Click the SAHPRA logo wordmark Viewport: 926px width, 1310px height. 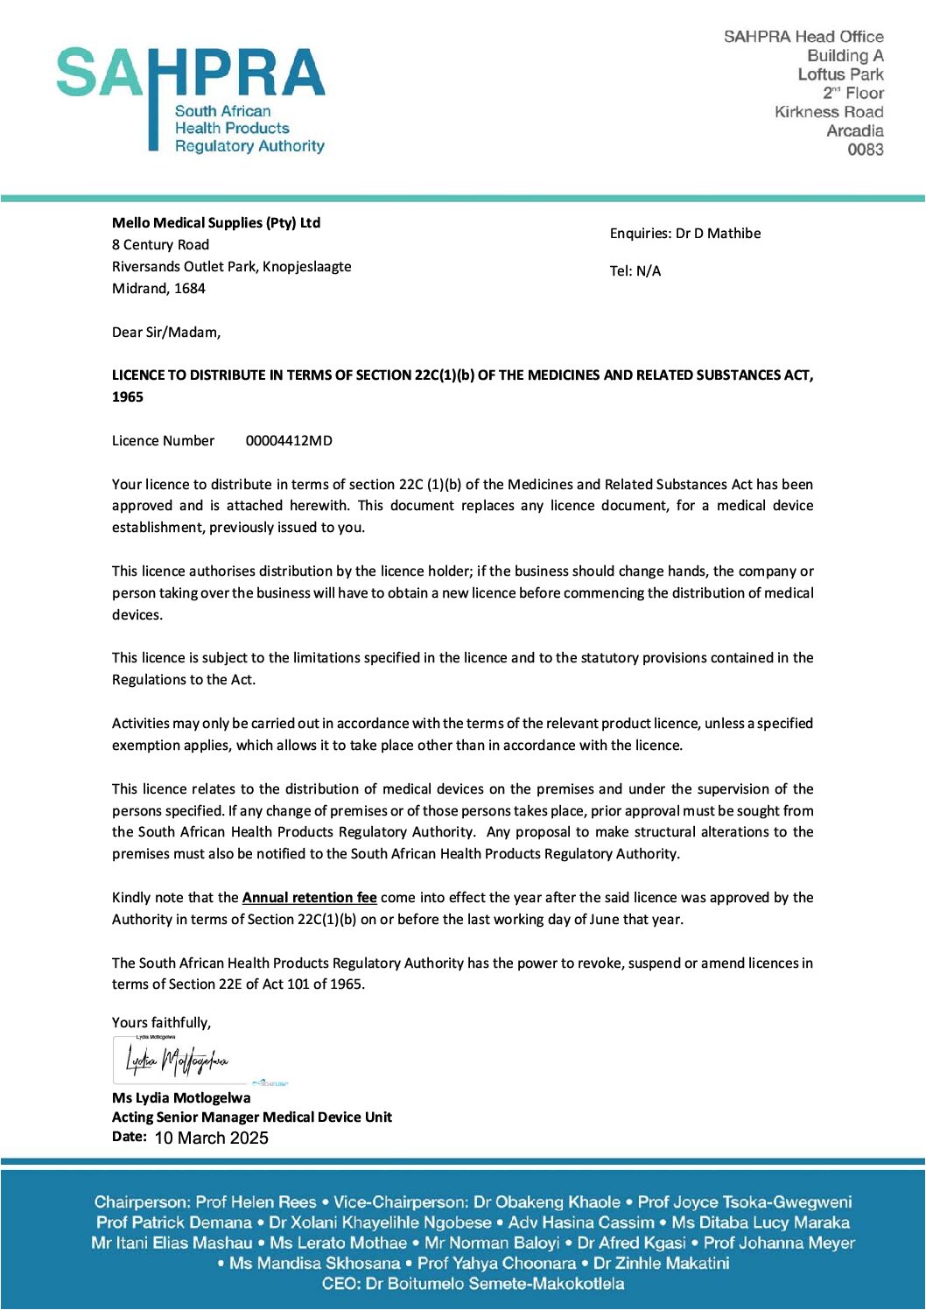click(191, 73)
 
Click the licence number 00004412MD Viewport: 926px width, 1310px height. click(289, 441)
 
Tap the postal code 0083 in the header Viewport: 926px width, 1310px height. click(865, 150)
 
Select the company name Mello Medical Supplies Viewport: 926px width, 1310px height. click(216, 223)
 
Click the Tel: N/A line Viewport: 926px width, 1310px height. click(635, 271)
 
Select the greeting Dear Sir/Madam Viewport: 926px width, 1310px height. click(166, 333)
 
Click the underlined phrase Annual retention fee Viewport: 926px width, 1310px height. click(309, 898)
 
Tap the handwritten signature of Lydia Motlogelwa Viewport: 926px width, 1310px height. click(177, 1061)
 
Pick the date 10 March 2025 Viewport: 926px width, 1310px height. click(211, 1138)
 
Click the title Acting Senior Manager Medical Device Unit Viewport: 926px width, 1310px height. click(252, 1117)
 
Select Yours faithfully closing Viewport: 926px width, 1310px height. click(161, 1023)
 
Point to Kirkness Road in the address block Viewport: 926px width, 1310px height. click(828, 112)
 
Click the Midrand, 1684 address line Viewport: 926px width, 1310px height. click(158, 289)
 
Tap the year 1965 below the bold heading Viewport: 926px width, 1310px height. click(128, 397)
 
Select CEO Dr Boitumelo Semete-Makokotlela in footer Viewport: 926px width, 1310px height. click(473, 1284)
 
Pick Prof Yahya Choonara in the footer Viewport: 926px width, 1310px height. click(496, 1264)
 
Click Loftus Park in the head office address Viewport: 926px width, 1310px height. click(840, 74)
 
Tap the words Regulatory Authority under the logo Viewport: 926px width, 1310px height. click(249, 146)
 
